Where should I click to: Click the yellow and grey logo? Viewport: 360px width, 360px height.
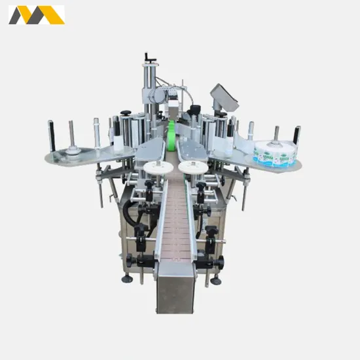pos(36,14)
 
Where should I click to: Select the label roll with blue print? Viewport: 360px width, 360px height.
pos(275,153)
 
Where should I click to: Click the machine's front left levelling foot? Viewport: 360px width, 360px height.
pos(127,279)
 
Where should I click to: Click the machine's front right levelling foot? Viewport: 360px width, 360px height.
pos(215,281)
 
